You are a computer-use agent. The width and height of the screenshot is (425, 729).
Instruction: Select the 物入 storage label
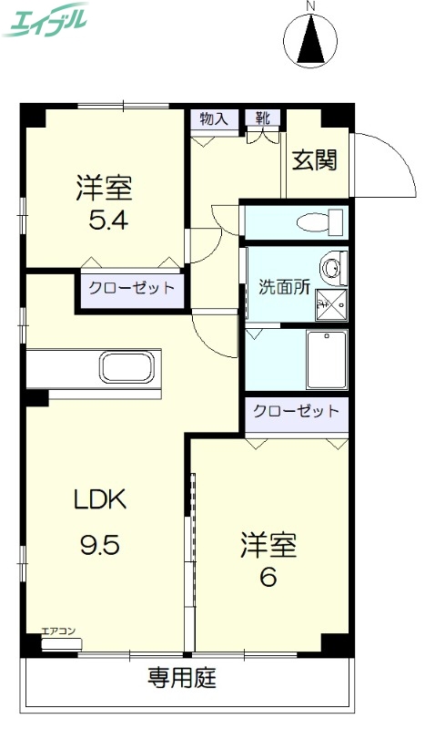tap(213, 118)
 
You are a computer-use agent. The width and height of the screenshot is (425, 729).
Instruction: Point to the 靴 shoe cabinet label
tap(262, 118)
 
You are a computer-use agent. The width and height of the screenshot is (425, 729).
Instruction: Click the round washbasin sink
tap(334, 268)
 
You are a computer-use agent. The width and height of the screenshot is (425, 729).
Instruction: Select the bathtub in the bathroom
tap(326, 359)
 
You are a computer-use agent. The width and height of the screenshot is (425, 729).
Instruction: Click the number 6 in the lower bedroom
tap(268, 577)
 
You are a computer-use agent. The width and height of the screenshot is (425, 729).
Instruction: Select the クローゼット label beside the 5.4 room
tap(130, 288)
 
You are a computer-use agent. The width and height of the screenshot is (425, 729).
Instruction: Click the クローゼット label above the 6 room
tap(297, 411)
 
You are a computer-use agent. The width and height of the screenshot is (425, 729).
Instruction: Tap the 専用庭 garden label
tap(183, 679)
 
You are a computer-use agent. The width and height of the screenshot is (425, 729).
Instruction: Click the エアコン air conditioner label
tap(57, 630)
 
